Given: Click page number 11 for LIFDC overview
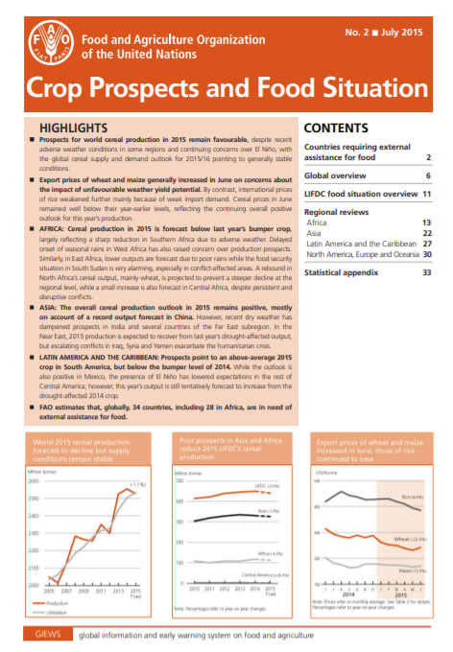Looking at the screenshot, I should coord(425,194).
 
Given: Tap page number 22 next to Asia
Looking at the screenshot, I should coord(425,233).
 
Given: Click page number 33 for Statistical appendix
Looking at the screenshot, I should coord(425,272).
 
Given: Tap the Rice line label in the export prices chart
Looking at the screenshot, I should coord(410,497).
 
